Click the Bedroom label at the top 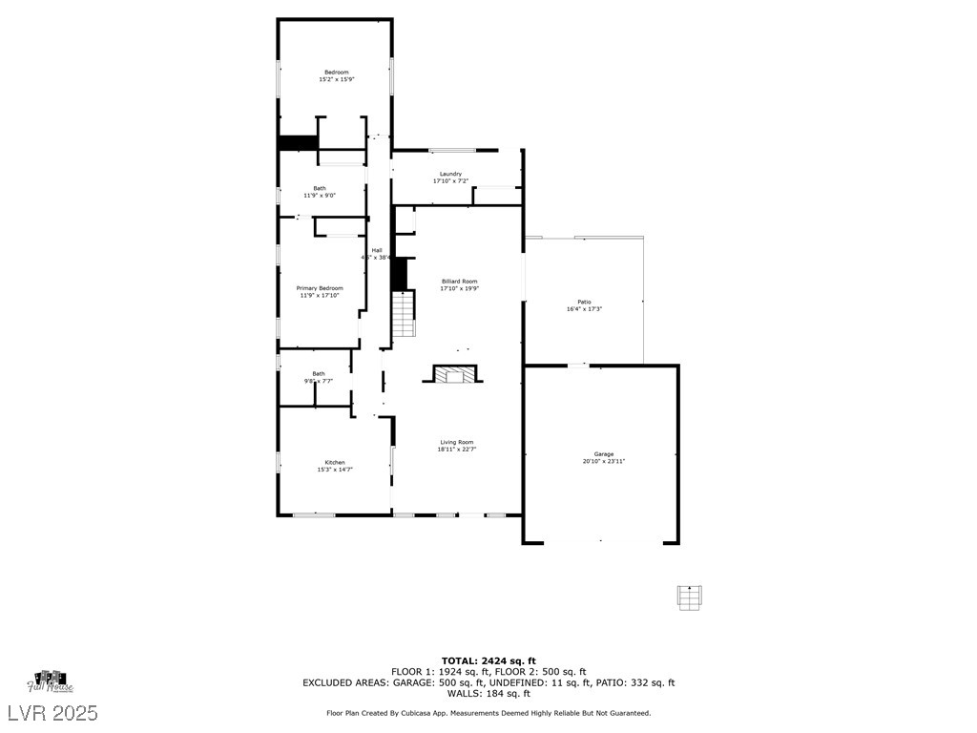(x=336, y=73)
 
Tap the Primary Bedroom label (x=319, y=288)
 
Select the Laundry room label (x=450, y=174)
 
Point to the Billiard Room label (x=459, y=282)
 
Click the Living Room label (x=456, y=442)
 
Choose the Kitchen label (x=334, y=462)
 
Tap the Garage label (x=603, y=454)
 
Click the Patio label (x=584, y=302)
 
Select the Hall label (x=376, y=250)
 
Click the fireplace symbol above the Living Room (x=455, y=373)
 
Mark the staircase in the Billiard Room (x=405, y=314)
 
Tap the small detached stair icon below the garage (x=688, y=596)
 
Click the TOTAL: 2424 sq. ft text (x=488, y=660)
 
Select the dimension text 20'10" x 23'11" (x=603, y=461)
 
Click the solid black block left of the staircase (x=399, y=274)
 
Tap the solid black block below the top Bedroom (x=298, y=143)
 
